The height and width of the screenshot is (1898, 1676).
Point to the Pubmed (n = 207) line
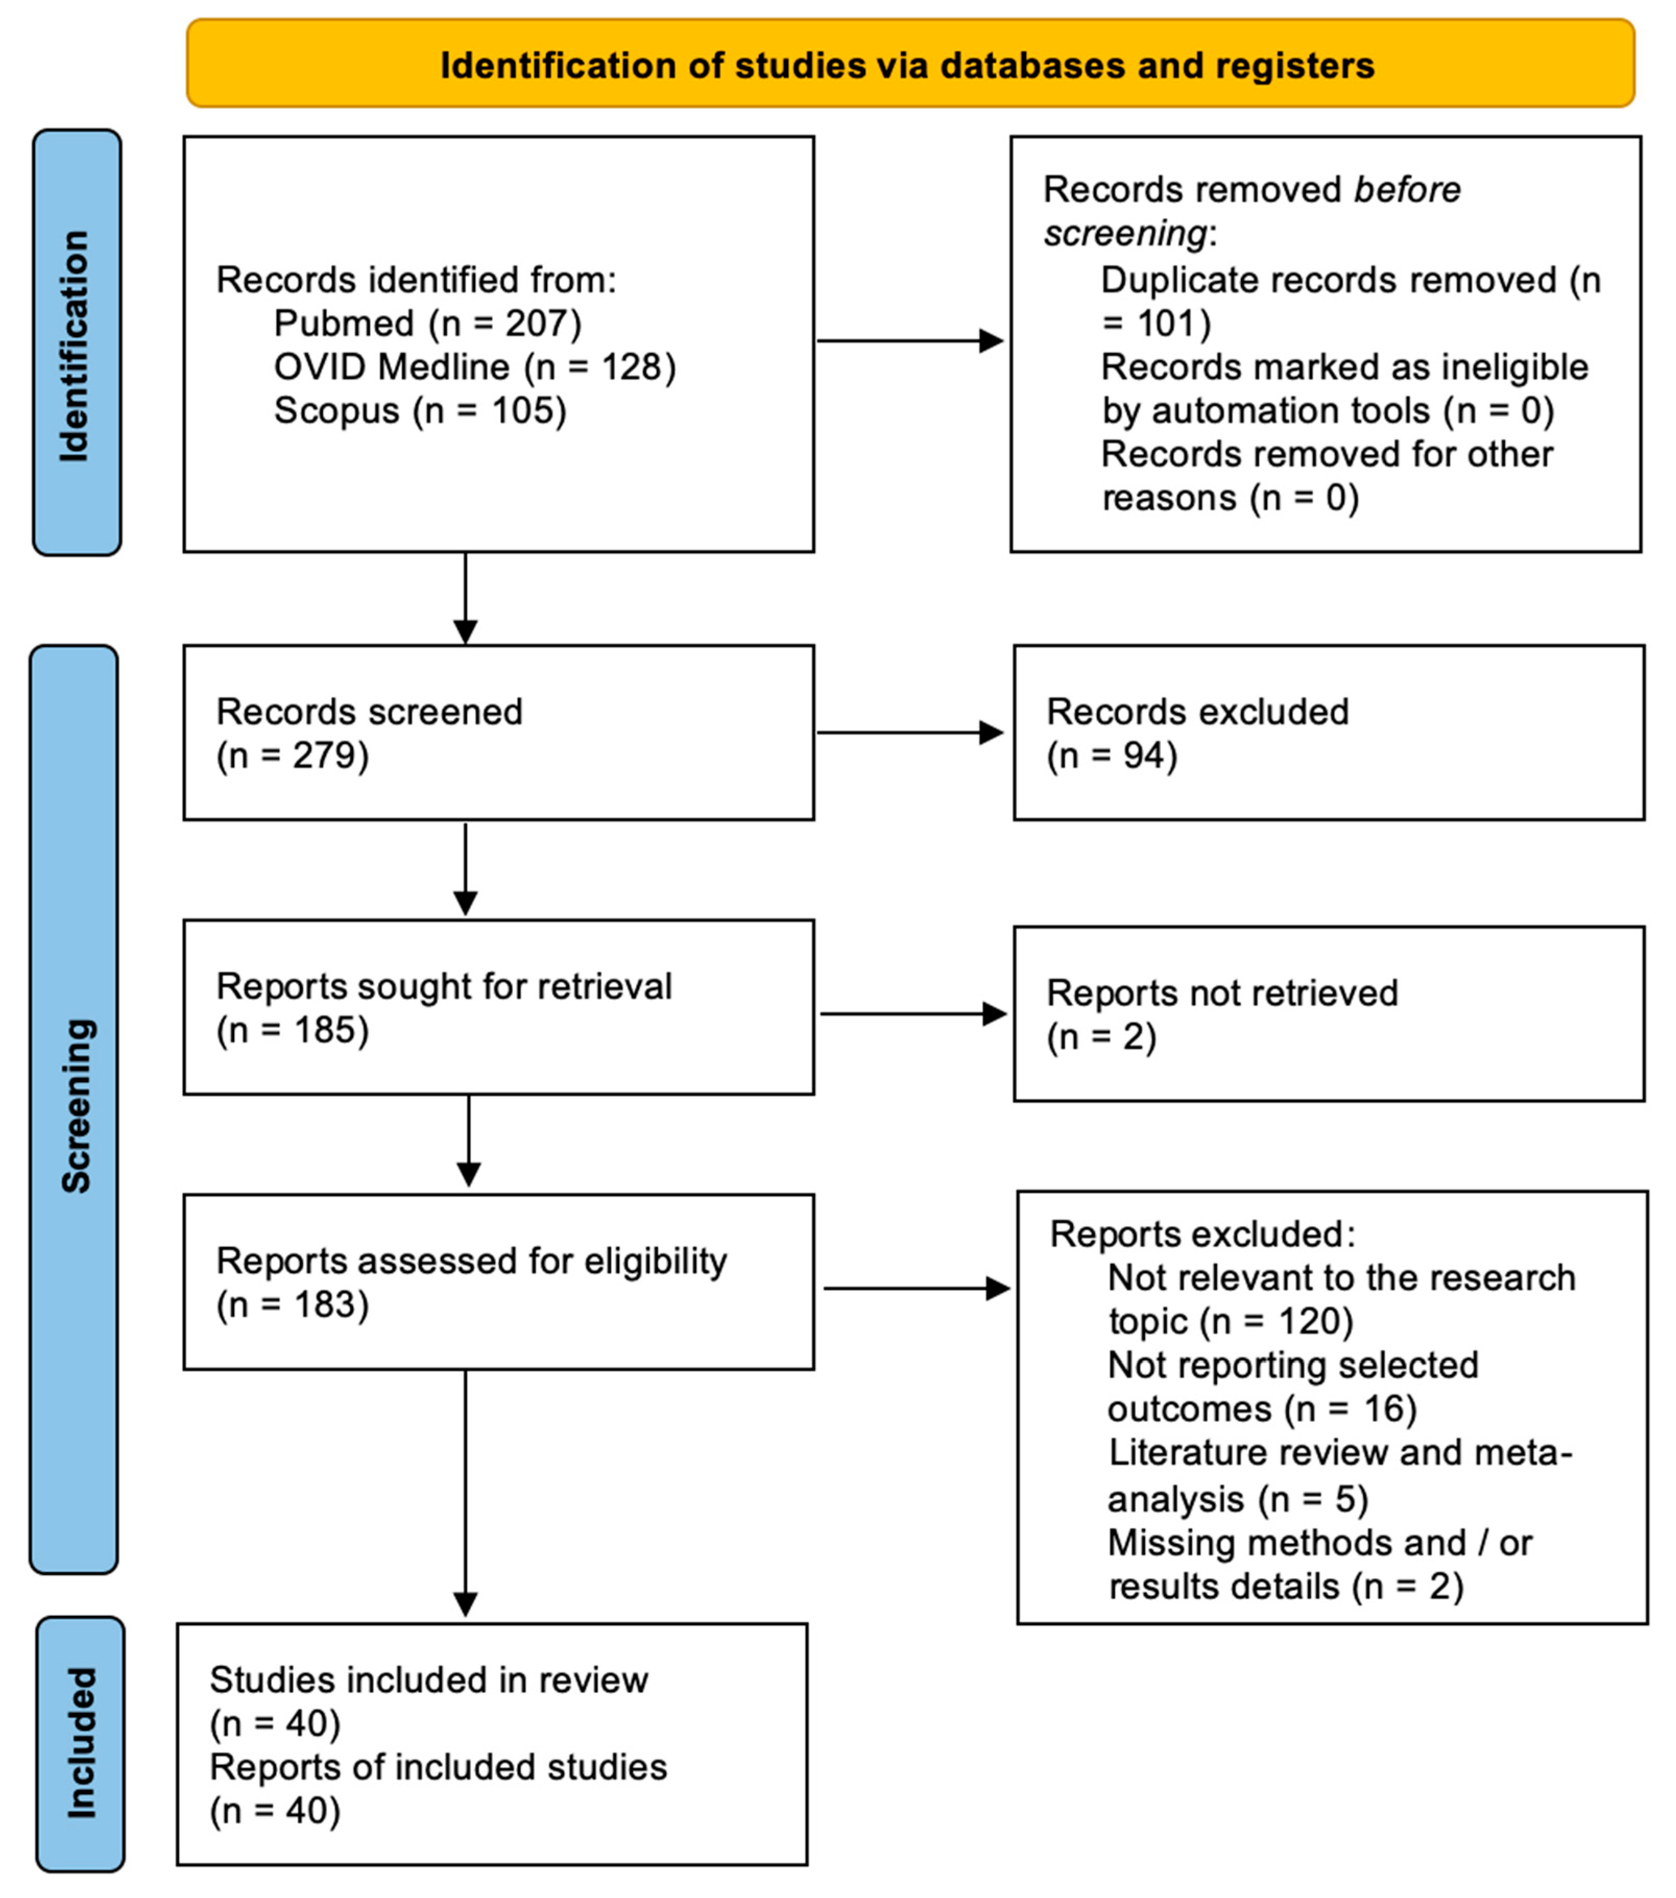427,323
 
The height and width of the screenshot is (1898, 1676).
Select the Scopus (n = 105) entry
420,410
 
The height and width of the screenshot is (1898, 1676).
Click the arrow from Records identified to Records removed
910,341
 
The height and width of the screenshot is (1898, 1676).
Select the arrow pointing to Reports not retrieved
914,1014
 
